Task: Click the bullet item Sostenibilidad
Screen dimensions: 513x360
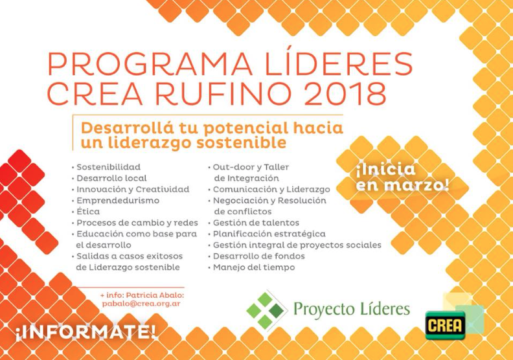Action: tap(108, 167)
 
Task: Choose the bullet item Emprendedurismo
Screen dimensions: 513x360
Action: tap(118, 201)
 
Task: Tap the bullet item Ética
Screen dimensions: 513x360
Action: tap(88, 211)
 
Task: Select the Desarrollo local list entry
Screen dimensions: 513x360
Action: tap(111, 178)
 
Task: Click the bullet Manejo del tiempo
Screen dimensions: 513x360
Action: tap(254, 267)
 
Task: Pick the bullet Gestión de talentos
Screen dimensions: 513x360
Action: tap(256, 223)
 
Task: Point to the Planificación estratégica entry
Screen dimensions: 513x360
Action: tap(269, 234)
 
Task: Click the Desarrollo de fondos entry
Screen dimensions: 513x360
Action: tap(259, 256)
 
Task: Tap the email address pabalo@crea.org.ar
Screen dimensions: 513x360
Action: tap(141, 304)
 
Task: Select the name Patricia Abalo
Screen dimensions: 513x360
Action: tap(155, 295)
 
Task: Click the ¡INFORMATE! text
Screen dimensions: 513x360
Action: tap(85, 332)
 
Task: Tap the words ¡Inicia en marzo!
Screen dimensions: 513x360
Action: tap(402, 177)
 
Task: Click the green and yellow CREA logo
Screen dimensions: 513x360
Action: tap(445, 325)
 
